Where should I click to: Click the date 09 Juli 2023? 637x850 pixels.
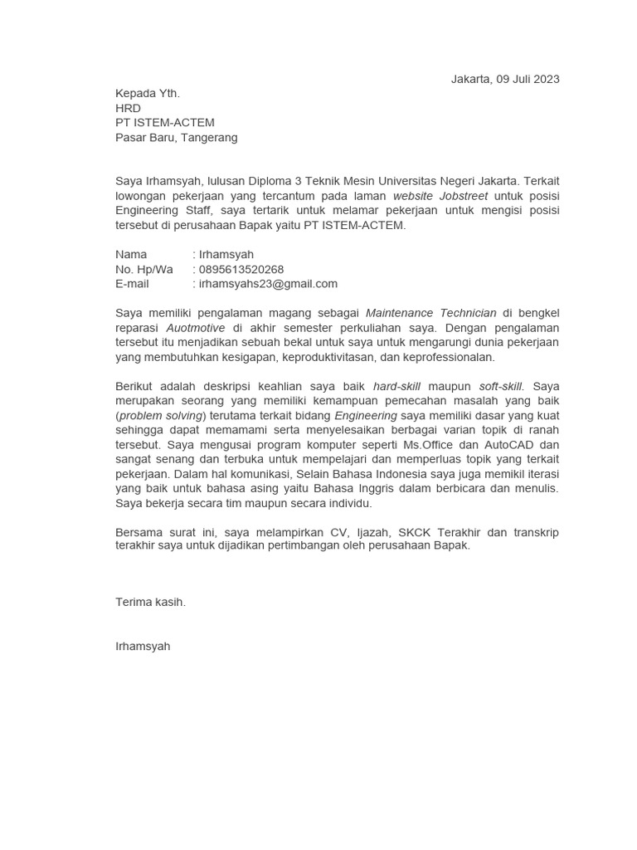(x=528, y=80)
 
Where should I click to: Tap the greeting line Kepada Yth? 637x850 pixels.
(x=148, y=94)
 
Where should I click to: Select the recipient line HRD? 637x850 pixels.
(x=128, y=109)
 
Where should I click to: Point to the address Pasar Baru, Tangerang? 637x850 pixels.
(x=176, y=138)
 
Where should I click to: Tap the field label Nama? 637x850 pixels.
(x=131, y=255)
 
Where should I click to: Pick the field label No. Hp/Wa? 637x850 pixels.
(x=144, y=270)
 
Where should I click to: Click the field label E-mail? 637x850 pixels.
(x=133, y=284)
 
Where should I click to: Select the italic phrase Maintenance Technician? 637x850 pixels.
(x=431, y=313)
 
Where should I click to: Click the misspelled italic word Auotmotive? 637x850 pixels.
(x=189, y=328)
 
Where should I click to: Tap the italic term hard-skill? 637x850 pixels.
(x=397, y=386)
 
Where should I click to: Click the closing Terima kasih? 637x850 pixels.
(x=151, y=603)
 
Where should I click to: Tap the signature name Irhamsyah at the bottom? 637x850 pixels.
(x=143, y=646)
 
